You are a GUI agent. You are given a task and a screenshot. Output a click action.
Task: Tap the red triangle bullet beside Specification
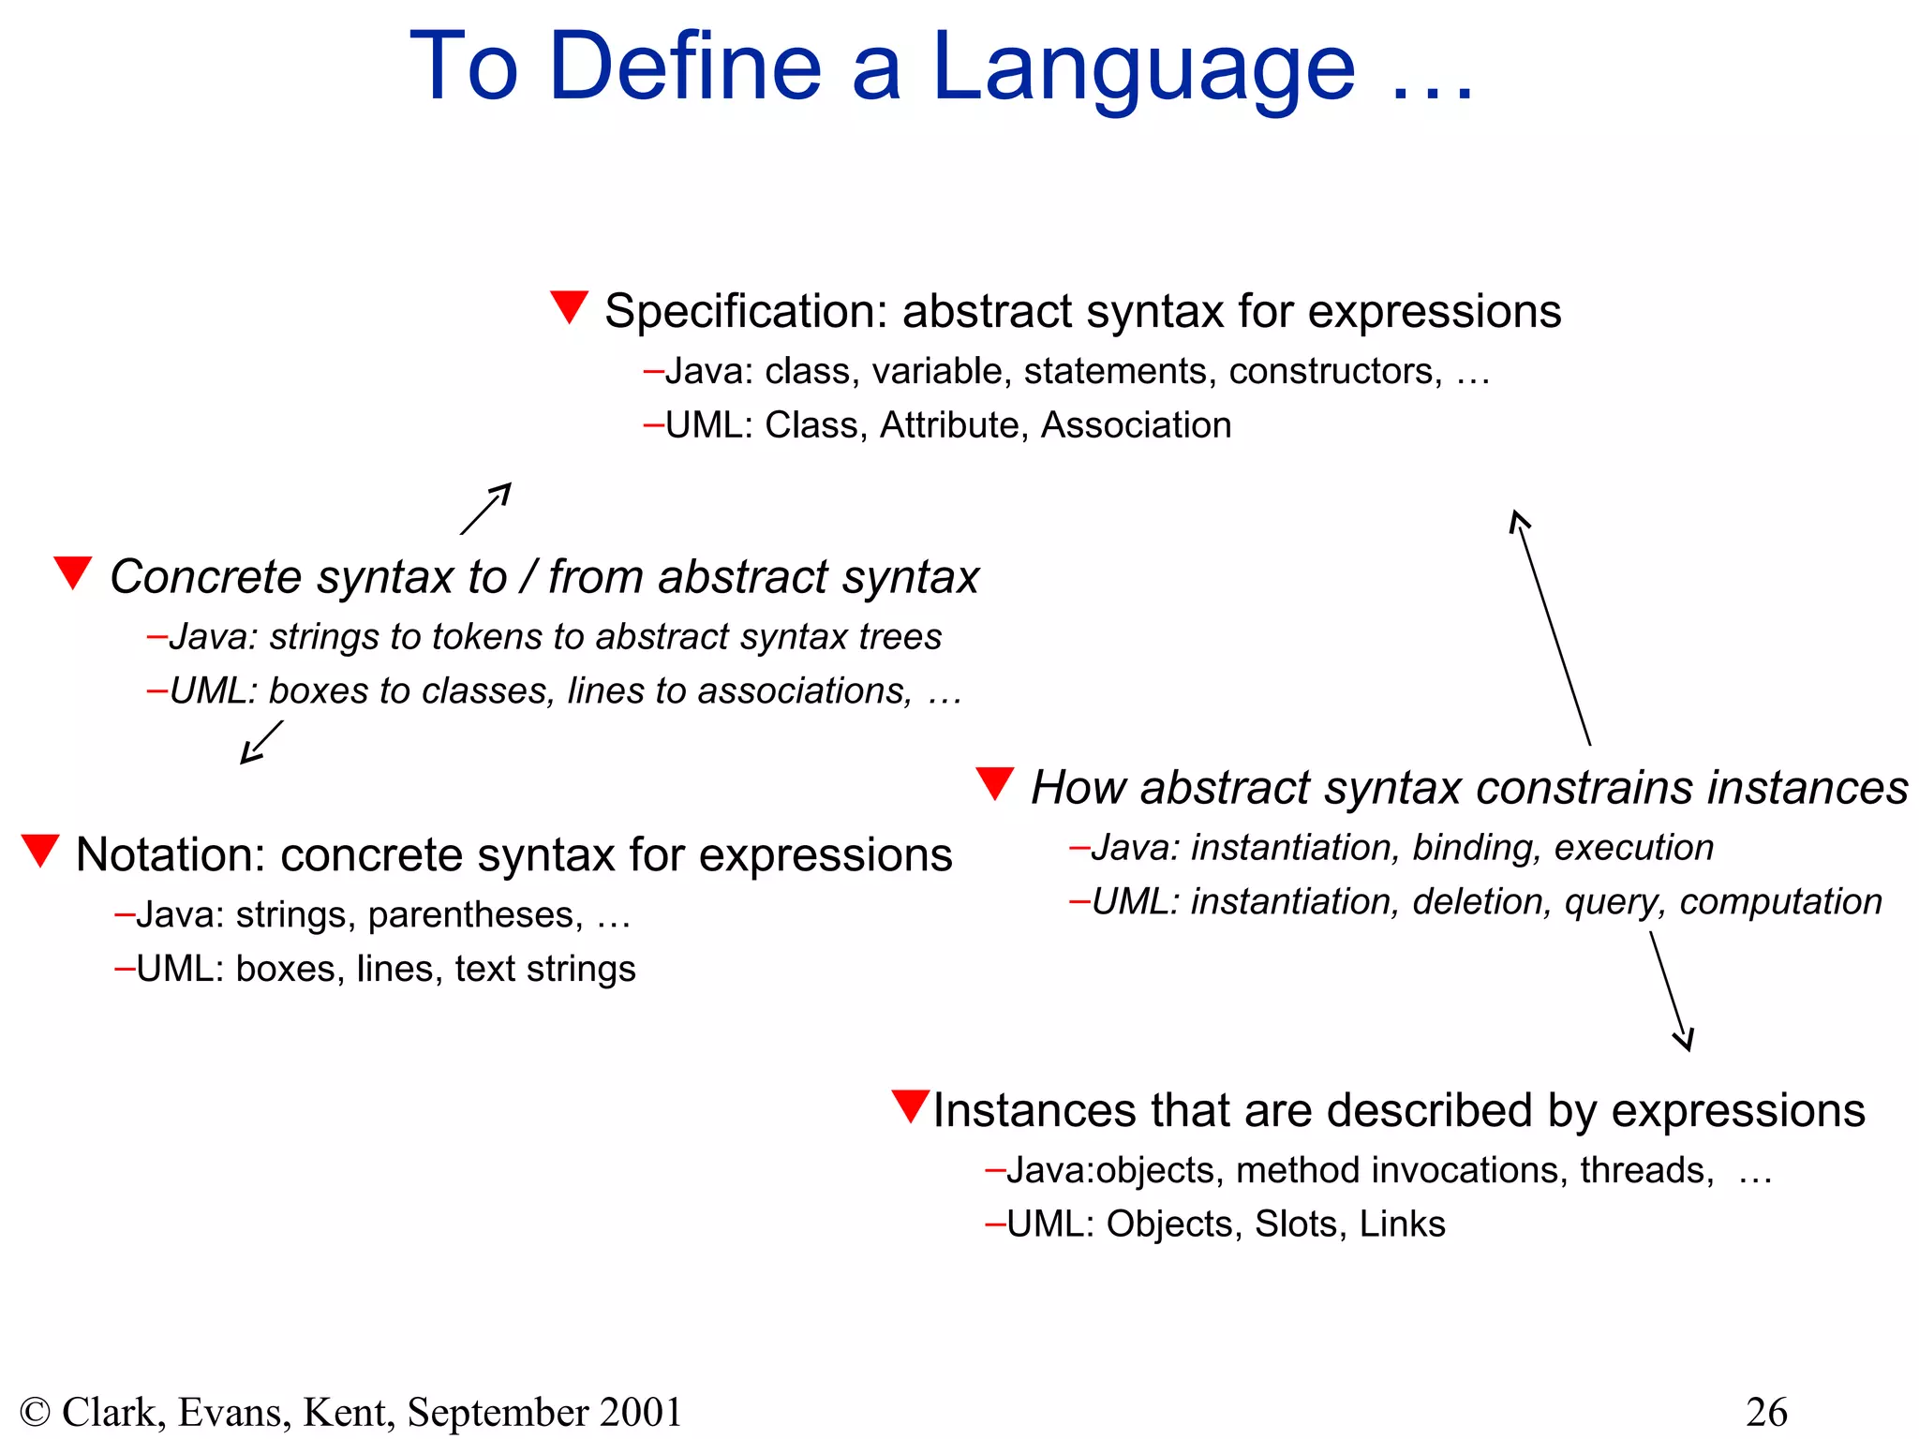click(569, 306)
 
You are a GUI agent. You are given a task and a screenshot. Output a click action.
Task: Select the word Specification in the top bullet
click(745, 311)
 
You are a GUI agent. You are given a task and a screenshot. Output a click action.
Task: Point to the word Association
click(1136, 425)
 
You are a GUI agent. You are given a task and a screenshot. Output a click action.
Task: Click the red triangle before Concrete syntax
click(72, 572)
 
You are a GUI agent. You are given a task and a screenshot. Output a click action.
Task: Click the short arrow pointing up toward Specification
click(486, 509)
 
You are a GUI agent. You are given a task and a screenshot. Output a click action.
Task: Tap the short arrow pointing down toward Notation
click(261, 742)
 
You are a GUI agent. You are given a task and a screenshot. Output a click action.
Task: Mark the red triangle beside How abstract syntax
click(994, 783)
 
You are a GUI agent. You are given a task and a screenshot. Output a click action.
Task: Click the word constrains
click(1584, 788)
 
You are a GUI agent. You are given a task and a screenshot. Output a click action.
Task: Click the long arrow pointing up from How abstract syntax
click(1551, 627)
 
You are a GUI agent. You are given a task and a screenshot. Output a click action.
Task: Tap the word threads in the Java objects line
click(1646, 1171)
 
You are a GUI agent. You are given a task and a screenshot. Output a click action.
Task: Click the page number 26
click(1766, 1412)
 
